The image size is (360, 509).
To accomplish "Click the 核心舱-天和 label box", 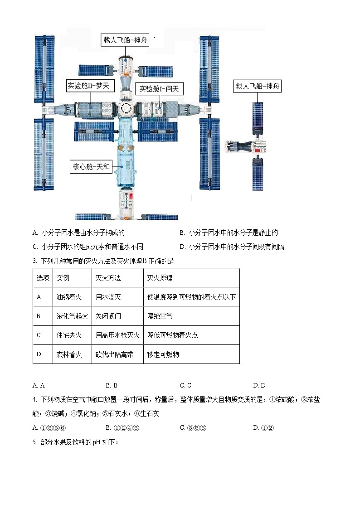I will tap(91, 167).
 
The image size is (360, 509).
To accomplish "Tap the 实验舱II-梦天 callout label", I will tap(90, 86).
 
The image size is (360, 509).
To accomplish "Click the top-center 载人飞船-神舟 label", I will tap(125, 40).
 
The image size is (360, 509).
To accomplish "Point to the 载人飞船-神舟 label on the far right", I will tap(257, 86).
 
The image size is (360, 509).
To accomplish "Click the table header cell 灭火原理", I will tap(160, 278).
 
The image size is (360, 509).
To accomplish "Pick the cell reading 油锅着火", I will tap(69, 297).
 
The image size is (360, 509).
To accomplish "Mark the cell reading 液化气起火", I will tap(72, 316).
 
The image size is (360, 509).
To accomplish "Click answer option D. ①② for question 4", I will tap(263, 427).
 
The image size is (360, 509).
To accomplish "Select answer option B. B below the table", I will tap(112, 385).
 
